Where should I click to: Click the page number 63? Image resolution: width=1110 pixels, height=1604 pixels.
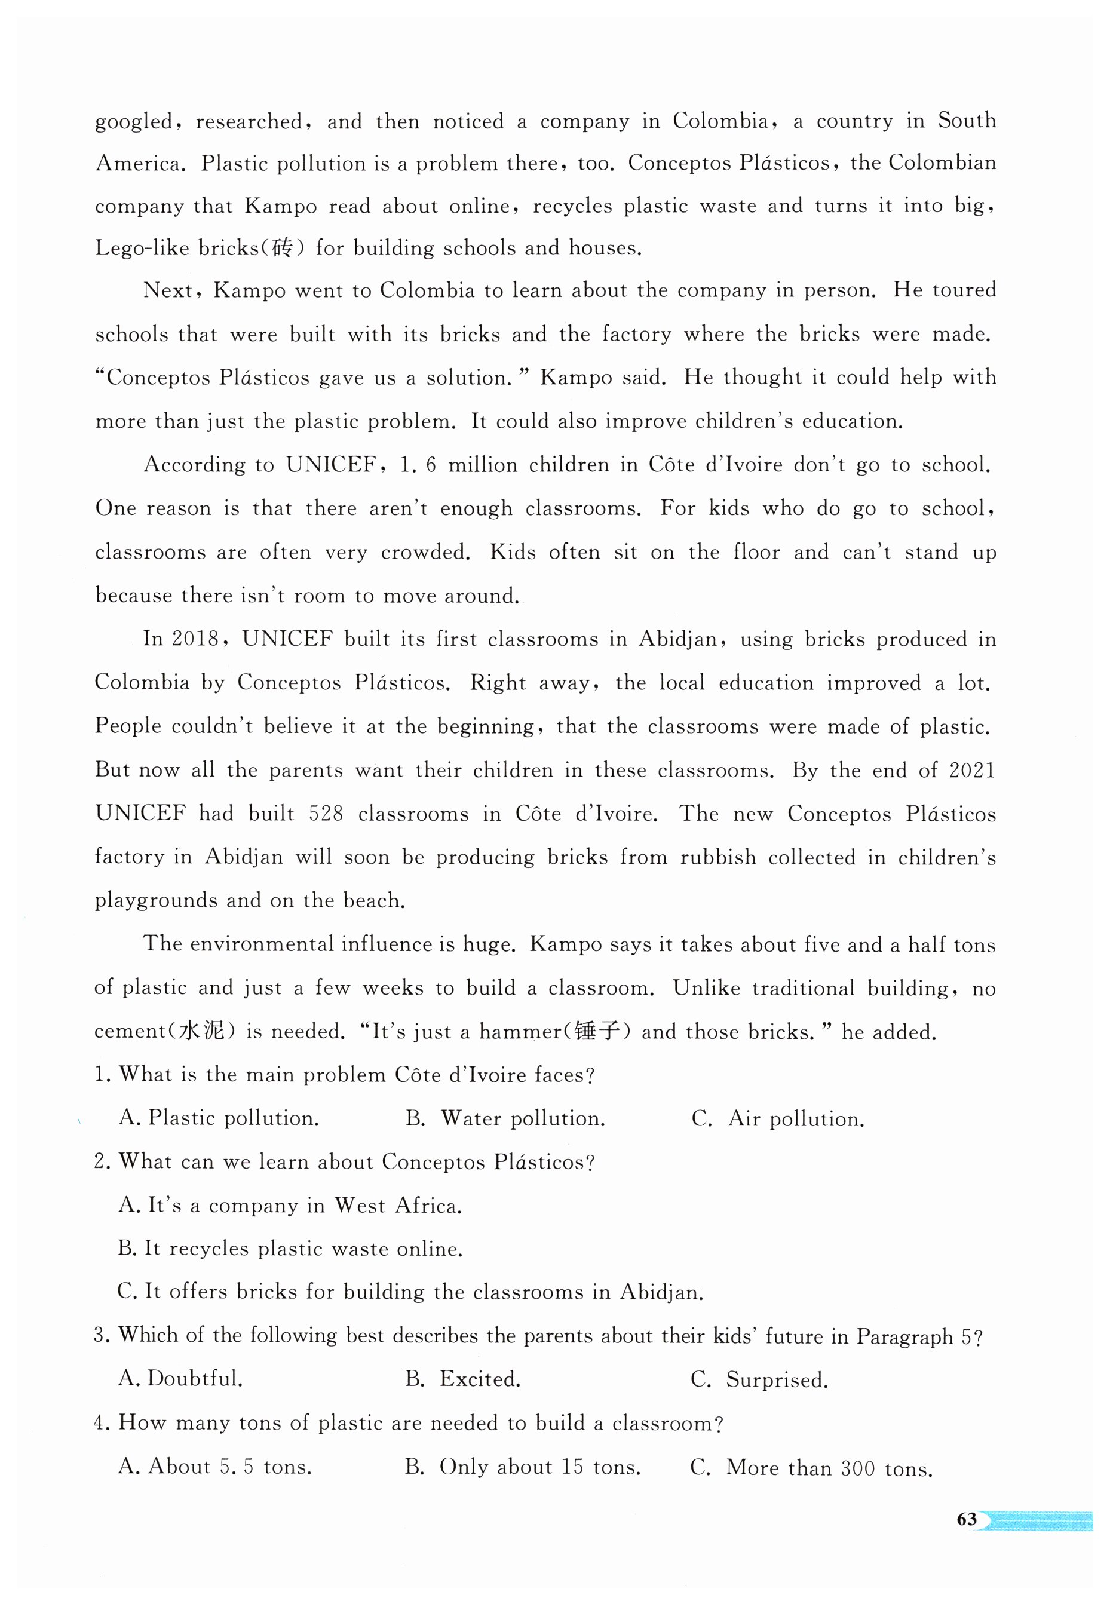[x=966, y=1519]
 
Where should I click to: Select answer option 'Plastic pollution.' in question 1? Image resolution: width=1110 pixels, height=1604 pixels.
[x=220, y=1118]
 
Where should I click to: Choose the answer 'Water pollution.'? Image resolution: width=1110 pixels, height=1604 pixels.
[x=505, y=1118]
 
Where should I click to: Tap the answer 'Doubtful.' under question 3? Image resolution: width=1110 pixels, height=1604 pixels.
[x=181, y=1379]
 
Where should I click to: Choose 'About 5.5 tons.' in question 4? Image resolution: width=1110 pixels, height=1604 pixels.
[x=216, y=1467]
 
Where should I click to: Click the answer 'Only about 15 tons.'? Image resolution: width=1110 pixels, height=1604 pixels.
[x=523, y=1467]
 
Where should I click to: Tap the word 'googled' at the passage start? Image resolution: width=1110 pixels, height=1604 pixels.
[x=134, y=122]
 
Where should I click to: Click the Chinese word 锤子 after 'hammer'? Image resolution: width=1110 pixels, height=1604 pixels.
[x=597, y=1031]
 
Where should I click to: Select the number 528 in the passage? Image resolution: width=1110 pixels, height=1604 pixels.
[x=326, y=814]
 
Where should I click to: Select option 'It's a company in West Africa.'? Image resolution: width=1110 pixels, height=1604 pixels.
[x=291, y=1205]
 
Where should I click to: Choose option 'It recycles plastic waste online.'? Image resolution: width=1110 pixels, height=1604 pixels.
[x=291, y=1249]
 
